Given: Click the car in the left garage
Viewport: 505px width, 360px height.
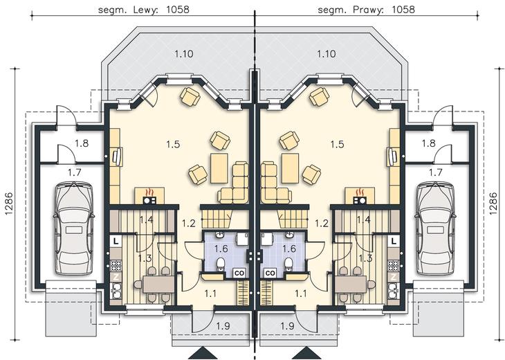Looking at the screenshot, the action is (x=74, y=229).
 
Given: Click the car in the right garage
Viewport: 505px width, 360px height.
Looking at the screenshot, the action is (x=436, y=229).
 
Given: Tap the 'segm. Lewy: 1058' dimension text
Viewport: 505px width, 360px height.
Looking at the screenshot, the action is (x=144, y=10).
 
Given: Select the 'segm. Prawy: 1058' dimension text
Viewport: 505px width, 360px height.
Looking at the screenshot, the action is (x=367, y=10).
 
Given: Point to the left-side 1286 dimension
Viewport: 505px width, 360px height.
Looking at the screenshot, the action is (x=9, y=204).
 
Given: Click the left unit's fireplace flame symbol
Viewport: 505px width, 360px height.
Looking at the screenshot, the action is (x=149, y=192).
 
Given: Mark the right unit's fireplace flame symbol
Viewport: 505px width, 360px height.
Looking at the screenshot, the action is (x=360, y=192).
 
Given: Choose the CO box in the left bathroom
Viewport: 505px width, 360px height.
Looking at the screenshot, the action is (x=239, y=273).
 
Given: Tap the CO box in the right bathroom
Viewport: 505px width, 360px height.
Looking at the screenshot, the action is (x=271, y=273).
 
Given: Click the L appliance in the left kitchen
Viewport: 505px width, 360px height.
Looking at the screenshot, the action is (x=116, y=241).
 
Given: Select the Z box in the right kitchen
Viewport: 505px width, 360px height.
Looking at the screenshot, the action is (x=394, y=277).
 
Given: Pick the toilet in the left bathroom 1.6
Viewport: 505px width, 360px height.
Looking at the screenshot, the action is (x=221, y=264).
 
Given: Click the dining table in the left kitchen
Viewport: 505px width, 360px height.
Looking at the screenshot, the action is (x=158, y=285).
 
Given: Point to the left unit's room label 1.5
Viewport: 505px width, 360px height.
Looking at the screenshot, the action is (x=173, y=144).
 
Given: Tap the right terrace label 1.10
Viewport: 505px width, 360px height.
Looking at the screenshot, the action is (x=327, y=53).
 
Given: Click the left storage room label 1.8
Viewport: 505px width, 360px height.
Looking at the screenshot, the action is (x=82, y=143).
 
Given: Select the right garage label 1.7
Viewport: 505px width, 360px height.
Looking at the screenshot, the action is (x=435, y=173).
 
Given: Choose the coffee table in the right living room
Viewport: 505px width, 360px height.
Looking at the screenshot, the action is (x=290, y=168).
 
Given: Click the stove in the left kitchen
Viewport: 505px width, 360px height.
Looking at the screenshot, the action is (x=116, y=265).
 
